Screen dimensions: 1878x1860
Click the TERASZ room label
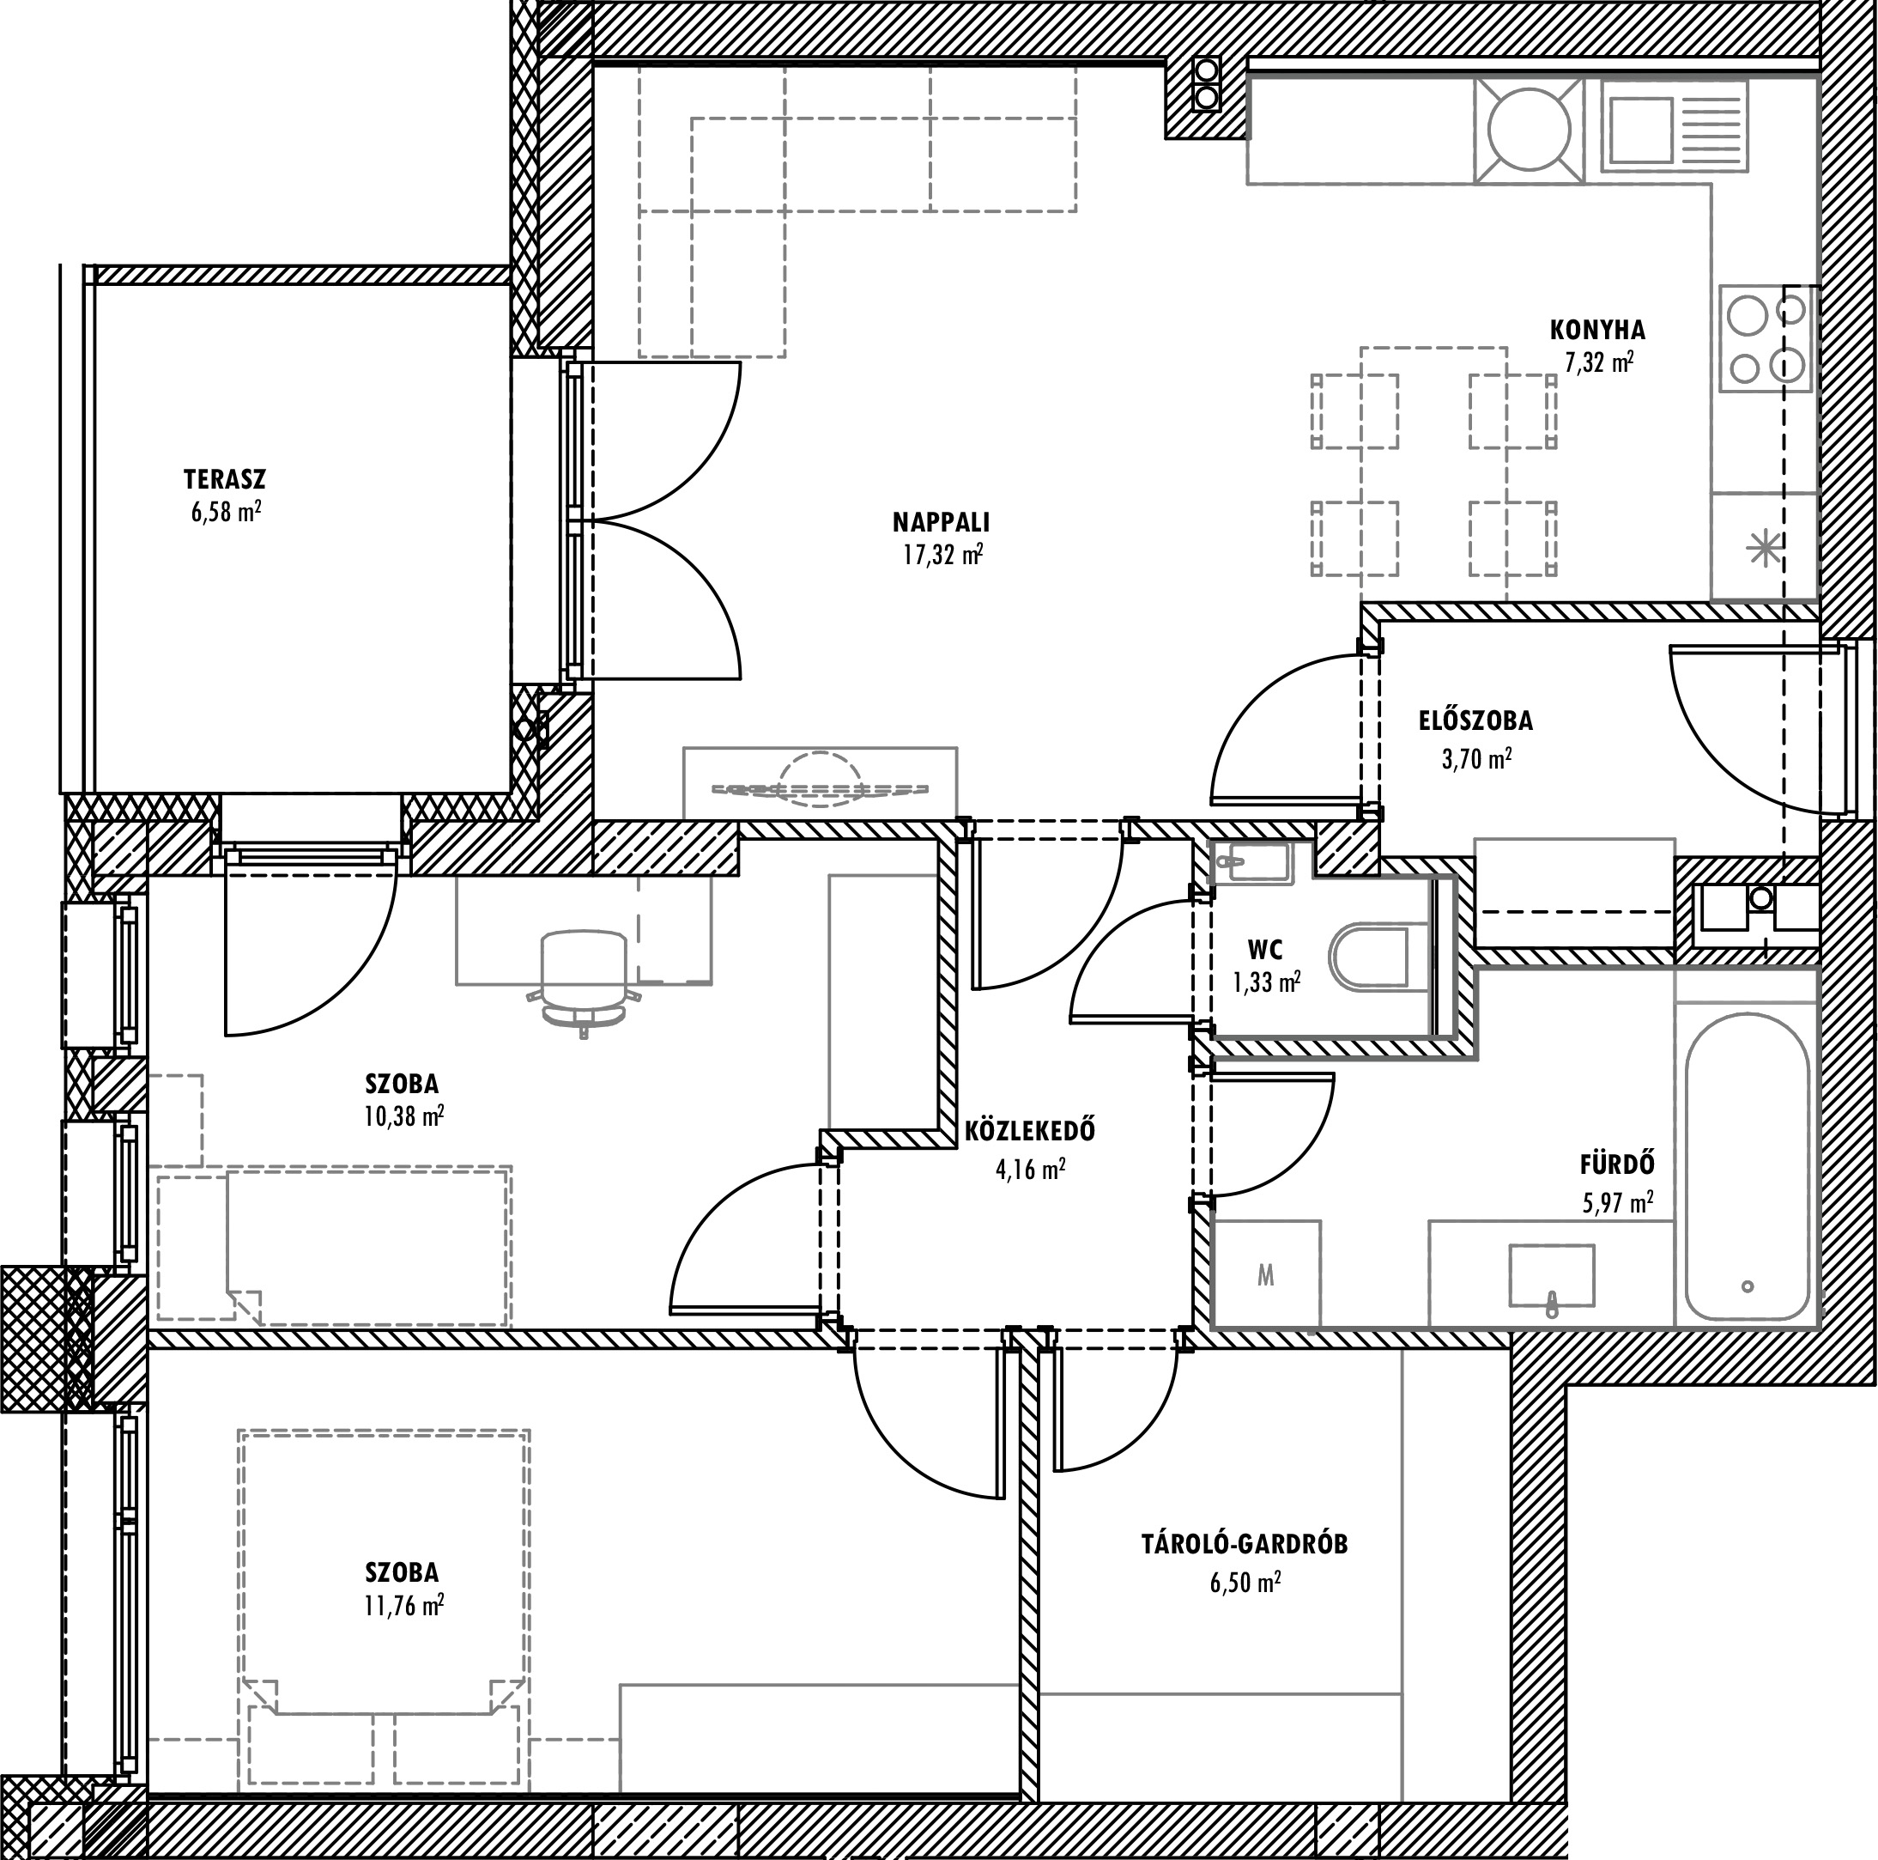[x=225, y=479]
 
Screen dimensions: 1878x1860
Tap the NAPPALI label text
[x=941, y=522]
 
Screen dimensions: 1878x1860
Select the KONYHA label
[x=1598, y=330]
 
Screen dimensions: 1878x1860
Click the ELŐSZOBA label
[x=1475, y=720]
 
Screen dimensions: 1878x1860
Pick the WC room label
[x=1266, y=949]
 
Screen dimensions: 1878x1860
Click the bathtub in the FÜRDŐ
[x=1748, y=1167]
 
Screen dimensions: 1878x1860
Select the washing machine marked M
[x=1267, y=1274]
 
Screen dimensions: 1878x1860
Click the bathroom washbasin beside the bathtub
[x=1551, y=1276]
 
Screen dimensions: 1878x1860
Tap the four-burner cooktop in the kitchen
[x=1766, y=338]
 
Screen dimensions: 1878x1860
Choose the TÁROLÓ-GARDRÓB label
[x=1245, y=1545]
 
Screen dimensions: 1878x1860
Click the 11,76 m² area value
[x=404, y=1605]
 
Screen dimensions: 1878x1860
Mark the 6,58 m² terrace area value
[x=226, y=512]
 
